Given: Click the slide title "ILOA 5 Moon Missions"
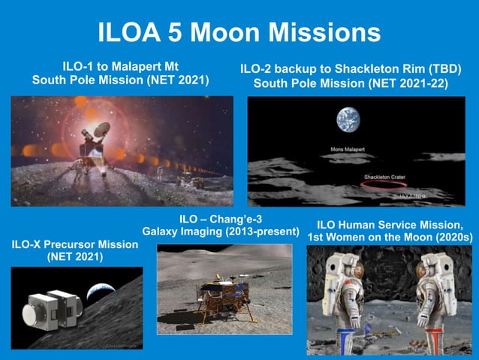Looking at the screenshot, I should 239,32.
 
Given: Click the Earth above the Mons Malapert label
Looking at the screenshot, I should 349,120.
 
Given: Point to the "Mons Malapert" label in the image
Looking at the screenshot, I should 351,149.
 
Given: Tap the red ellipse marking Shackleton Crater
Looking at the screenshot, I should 384,190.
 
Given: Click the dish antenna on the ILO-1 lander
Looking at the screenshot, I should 101,129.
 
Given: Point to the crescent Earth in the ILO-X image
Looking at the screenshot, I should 101,292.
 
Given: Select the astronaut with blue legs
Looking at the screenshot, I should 342,301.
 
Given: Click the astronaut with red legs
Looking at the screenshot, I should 435,301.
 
